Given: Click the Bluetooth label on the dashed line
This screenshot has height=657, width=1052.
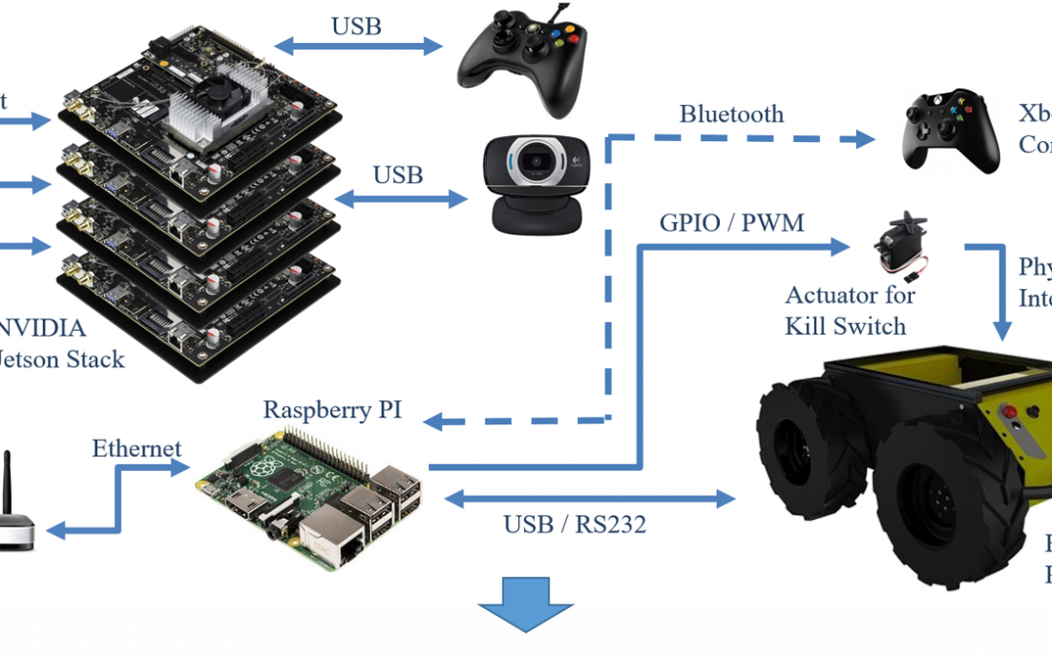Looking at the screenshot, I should pos(731,115).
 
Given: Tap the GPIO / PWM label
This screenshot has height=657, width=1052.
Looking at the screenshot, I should pos(733,223).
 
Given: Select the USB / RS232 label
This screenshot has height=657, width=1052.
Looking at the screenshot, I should pos(575,525).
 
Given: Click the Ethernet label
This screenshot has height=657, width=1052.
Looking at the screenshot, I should pos(136,449).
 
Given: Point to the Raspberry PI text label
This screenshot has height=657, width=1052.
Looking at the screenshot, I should pos(332,409).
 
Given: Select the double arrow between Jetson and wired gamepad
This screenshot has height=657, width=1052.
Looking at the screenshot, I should pos(357,45).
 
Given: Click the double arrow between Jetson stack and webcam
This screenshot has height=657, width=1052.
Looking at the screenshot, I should pos(399,199).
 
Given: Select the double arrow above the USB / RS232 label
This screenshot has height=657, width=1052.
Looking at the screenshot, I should pos(589,498).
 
